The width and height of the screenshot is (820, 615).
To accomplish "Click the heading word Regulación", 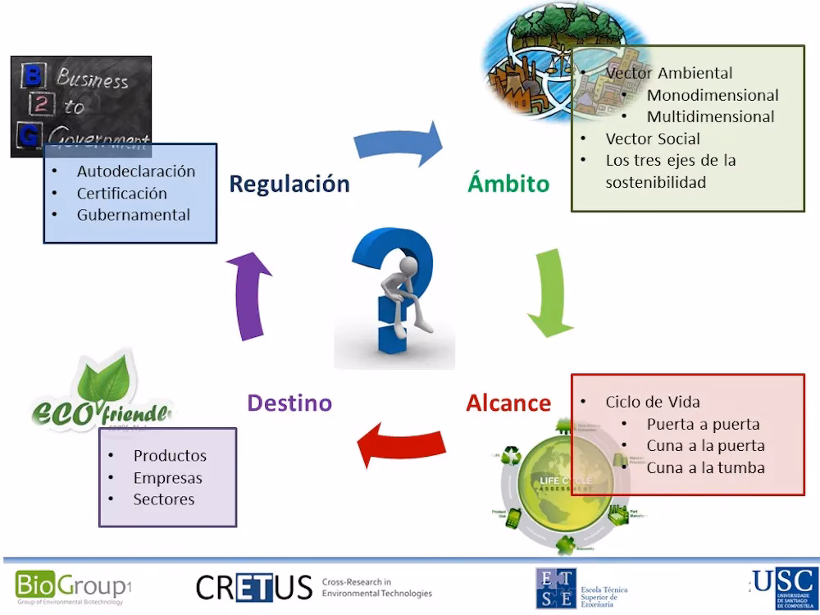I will click(x=289, y=183).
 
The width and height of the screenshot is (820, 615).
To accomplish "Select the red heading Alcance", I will click(x=508, y=403).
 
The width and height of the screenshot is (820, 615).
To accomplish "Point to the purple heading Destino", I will click(x=289, y=403).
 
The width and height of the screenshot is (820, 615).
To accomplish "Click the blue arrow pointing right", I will click(x=399, y=144).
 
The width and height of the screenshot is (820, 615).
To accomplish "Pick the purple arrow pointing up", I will click(x=248, y=296).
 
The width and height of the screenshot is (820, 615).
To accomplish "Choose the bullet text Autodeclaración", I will click(x=136, y=171).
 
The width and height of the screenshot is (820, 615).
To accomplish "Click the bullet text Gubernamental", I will click(x=134, y=215).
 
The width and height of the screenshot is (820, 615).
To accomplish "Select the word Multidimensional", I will click(x=710, y=116).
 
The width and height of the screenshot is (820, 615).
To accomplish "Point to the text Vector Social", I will click(x=653, y=139).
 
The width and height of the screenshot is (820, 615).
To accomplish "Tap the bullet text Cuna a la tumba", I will click(x=705, y=468).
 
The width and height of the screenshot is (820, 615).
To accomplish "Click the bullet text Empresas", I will click(x=167, y=477).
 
